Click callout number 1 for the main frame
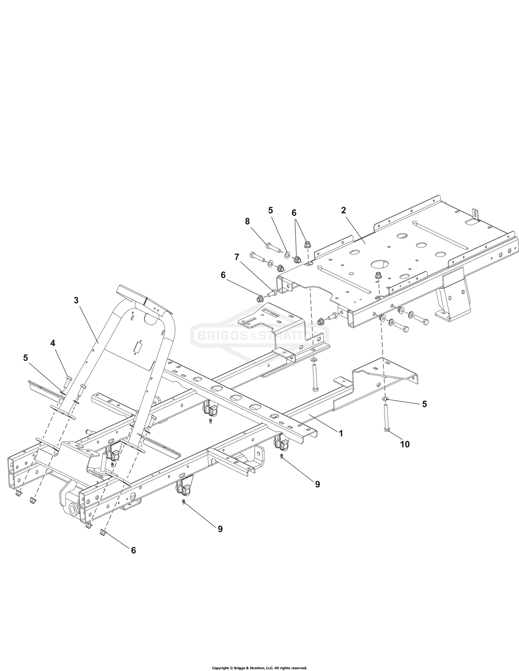341,433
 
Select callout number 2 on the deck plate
343,210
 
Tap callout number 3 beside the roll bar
76,301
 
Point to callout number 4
53,343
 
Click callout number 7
237,257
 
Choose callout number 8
247,222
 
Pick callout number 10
405,444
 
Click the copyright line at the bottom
259,668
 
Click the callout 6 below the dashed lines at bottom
133,550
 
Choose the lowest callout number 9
220,529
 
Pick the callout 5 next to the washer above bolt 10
425,404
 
